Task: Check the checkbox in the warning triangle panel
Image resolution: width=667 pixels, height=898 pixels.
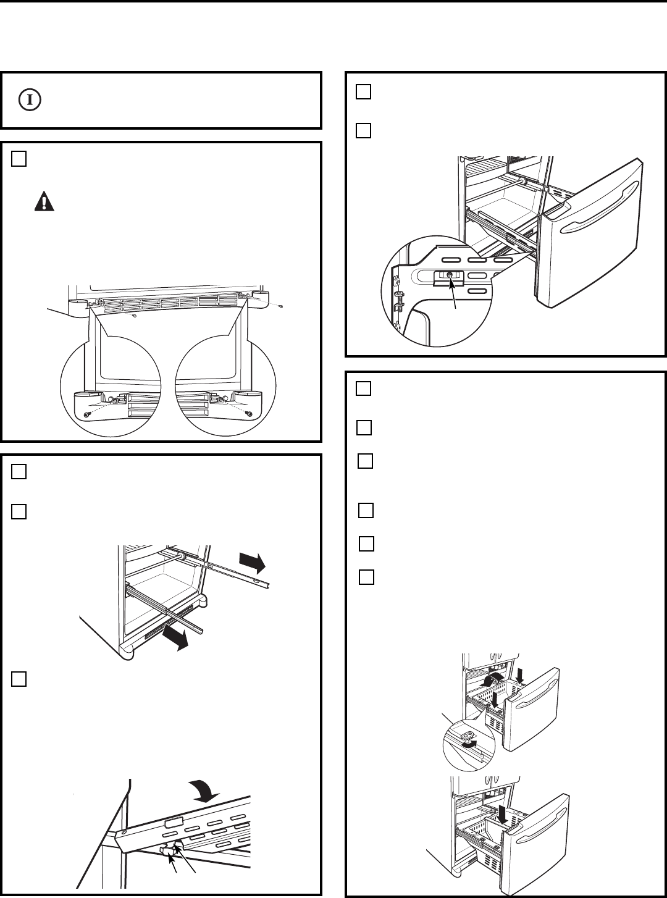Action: (19, 159)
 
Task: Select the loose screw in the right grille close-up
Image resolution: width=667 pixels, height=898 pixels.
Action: (249, 413)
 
